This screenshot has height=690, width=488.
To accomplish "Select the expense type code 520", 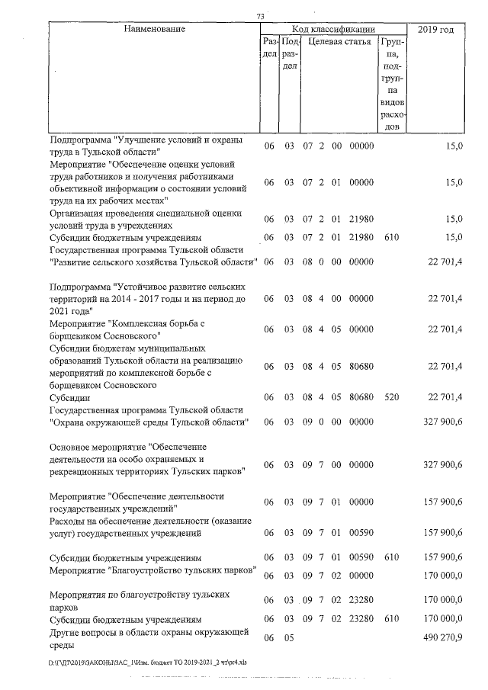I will pos(392,396).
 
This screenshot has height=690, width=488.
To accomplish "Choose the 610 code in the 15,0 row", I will pos(392,237).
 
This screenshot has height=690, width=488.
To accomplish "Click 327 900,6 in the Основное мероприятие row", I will pos(444,464).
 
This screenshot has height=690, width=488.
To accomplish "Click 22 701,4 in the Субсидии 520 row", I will pos(445,396).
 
